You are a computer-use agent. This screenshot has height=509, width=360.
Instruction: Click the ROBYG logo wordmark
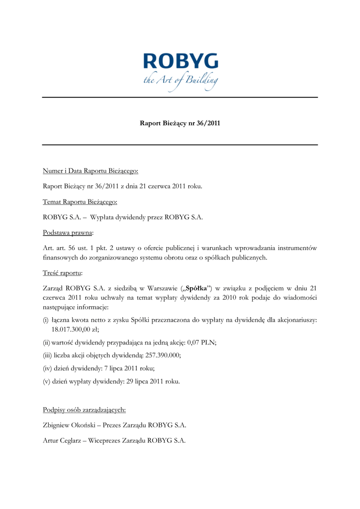tap(180, 63)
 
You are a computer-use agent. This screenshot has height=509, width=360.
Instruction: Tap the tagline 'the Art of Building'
tap(180, 80)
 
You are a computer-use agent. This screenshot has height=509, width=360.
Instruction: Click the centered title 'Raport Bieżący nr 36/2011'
tap(180, 123)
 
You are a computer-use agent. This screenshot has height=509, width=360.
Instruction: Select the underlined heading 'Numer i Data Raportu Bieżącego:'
tap(90, 171)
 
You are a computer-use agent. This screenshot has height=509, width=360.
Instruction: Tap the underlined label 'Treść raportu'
tap(62, 273)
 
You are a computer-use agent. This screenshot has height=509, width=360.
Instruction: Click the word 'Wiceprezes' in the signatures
tap(104, 440)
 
